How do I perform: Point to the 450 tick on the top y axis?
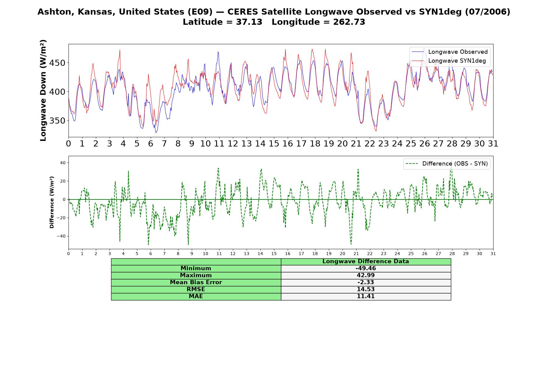pyautogui.click(x=58, y=63)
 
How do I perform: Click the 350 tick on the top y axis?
pyautogui.click(x=58, y=121)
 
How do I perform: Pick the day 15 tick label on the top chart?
pyautogui.click(x=274, y=144)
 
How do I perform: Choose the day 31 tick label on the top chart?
pyautogui.click(x=493, y=144)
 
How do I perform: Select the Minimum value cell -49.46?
pyautogui.click(x=366, y=268)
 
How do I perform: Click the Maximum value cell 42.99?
pyautogui.click(x=366, y=275)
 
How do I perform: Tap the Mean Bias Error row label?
pyautogui.click(x=196, y=282)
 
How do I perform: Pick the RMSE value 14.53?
pyautogui.click(x=366, y=289)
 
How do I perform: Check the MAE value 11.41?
pyautogui.click(x=366, y=296)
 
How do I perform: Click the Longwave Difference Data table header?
pyautogui.click(x=366, y=261)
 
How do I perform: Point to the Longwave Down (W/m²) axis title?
pyautogui.click(x=43, y=90)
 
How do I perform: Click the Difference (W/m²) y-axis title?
pyautogui.click(x=52, y=202)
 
